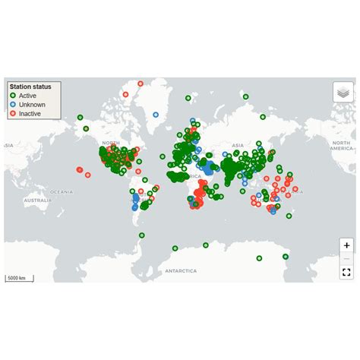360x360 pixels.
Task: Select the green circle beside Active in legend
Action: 13,96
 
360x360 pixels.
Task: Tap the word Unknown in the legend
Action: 33,105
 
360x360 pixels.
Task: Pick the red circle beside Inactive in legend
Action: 13,114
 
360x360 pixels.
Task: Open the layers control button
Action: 343,92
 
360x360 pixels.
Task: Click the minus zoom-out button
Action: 346,258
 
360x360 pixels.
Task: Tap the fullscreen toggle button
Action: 346,272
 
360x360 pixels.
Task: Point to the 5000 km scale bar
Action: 17,278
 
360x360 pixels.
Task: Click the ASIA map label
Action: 238,145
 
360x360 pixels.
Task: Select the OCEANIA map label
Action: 62,192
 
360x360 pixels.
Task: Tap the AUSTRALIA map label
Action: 37,201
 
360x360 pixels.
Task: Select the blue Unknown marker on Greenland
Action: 156,115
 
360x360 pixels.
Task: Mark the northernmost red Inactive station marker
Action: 140,84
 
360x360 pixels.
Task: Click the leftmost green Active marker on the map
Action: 80,118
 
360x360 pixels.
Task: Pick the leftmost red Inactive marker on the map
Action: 79,169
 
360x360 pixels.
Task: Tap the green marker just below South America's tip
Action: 142,235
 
